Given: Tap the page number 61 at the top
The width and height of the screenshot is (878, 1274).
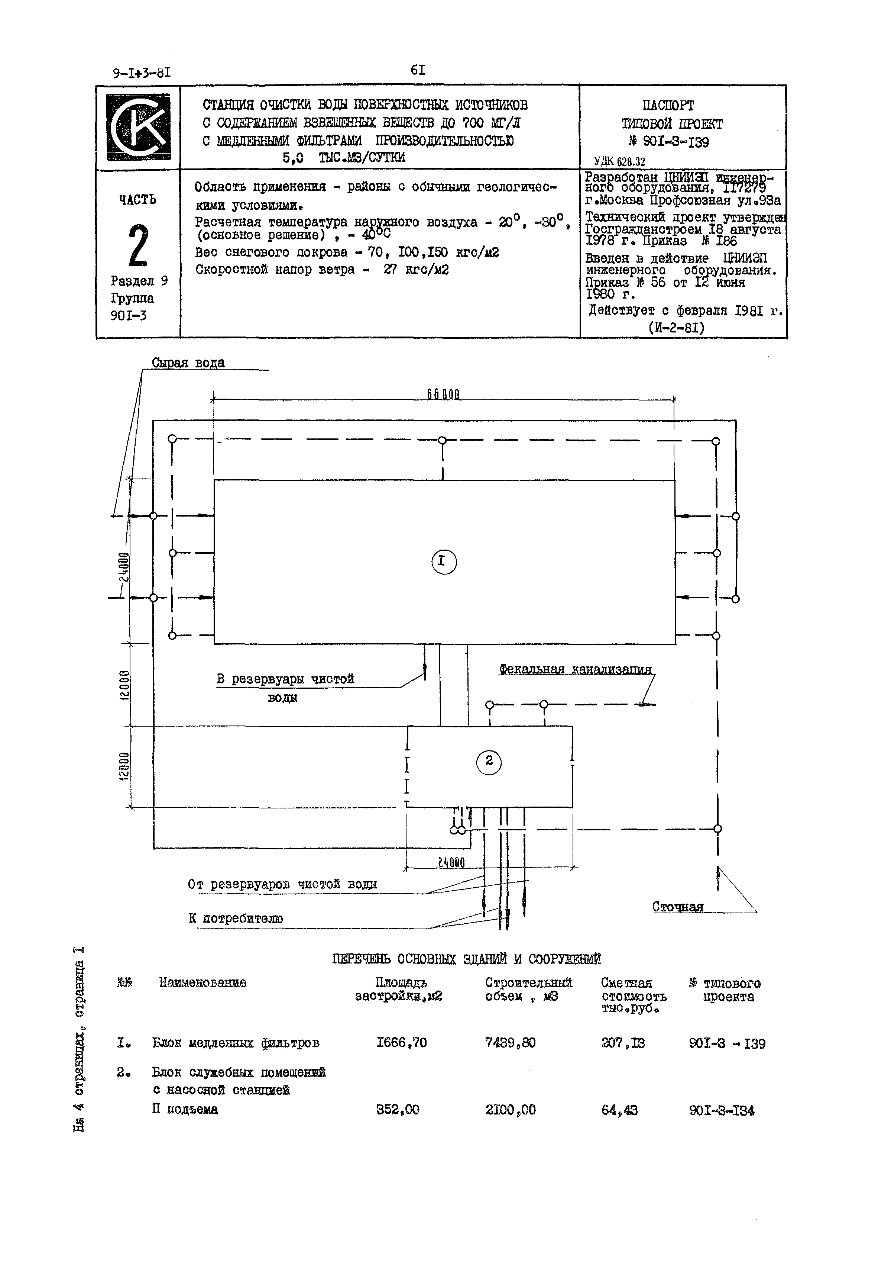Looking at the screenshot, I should click(x=418, y=70).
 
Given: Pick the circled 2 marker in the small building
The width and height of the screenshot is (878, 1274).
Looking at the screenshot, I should click(x=489, y=763).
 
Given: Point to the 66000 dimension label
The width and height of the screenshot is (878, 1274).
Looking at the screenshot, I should click(x=443, y=395).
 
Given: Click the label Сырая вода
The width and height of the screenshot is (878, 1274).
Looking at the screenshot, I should click(x=188, y=363).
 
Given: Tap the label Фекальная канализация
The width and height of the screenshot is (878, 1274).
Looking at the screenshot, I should click(x=575, y=669).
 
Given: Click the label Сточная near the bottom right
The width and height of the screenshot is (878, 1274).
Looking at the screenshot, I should click(x=678, y=907).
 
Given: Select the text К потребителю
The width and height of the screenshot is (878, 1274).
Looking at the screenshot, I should click(x=236, y=918).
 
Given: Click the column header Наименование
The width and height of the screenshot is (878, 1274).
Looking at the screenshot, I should click(x=203, y=982).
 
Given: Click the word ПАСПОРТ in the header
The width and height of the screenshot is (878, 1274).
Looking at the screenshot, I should click(x=668, y=105).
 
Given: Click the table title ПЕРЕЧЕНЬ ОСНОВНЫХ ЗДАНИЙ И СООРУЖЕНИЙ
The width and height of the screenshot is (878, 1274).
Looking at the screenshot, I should click(x=467, y=959).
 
